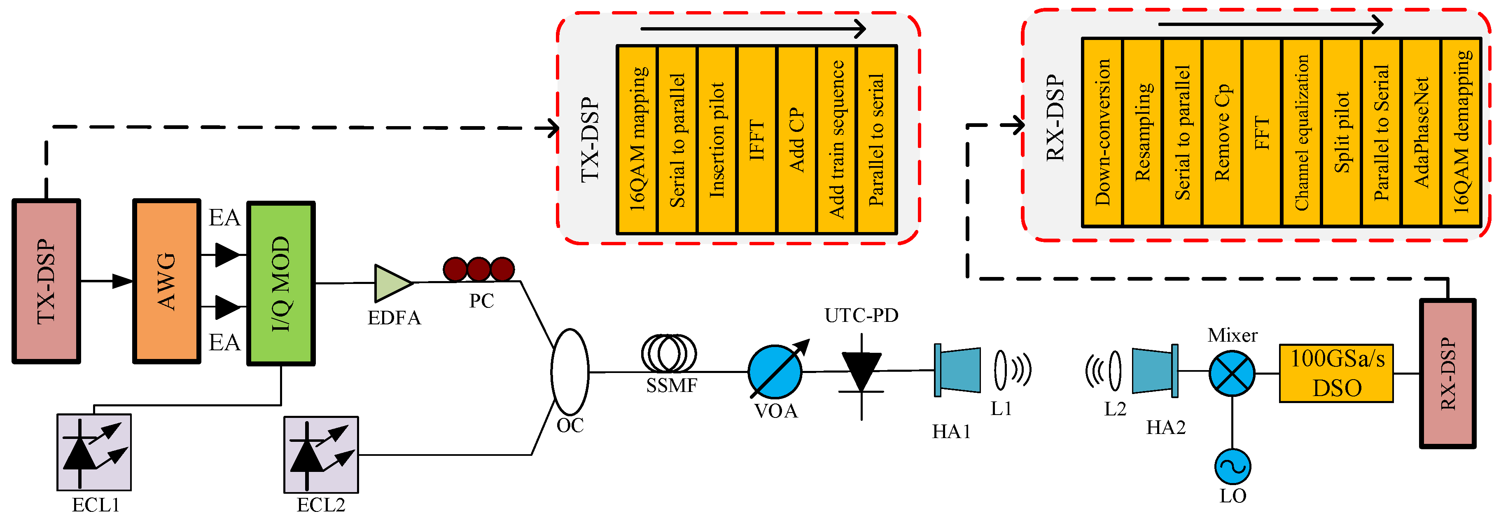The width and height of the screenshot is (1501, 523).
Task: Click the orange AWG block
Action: click(x=167, y=281)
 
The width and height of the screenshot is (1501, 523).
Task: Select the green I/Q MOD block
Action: click(x=281, y=284)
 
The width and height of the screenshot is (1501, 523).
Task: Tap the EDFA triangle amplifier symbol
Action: click(x=392, y=284)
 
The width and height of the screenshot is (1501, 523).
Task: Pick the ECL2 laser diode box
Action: click(x=321, y=454)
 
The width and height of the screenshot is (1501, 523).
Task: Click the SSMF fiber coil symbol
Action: click(x=669, y=353)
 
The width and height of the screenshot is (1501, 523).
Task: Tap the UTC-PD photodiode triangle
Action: click(x=861, y=371)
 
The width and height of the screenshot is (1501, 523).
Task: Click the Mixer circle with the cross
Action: click(x=1232, y=373)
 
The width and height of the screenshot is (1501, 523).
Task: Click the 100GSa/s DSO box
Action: click(x=1336, y=373)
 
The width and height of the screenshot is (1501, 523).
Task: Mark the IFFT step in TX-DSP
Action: click(x=757, y=140)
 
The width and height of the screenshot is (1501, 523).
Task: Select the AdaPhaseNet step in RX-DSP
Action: click(x=1421, y=132)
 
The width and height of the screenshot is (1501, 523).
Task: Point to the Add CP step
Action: click(x=796, y=140)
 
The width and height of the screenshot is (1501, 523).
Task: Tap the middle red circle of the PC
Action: click(x=479, y=270)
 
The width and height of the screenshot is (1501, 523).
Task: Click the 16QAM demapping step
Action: click(x=1461, y=132)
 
